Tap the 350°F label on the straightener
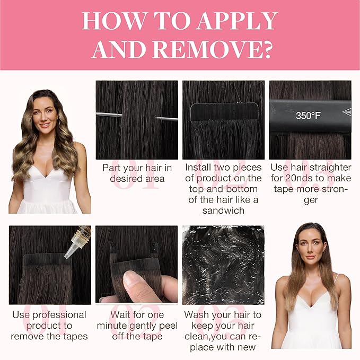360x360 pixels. click(308, 116)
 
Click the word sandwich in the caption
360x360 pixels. click(223, 210)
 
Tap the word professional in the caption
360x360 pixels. click(59, 315)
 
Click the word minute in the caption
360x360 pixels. click(112, 326)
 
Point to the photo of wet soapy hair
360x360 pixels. click(223, 265)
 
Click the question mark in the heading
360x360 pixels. click(267, 50)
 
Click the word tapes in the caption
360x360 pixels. click(76, 337)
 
